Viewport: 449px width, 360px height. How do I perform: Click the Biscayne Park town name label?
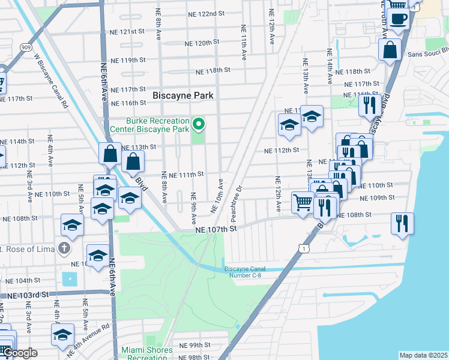tap(183, 95)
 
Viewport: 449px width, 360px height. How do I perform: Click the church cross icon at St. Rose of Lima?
tap(64, 248)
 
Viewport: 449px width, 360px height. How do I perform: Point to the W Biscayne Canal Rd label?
tap(50, 82)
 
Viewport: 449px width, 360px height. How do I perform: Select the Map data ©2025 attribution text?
tap(423, 355)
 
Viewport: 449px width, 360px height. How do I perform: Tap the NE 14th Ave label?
tap(330, 67)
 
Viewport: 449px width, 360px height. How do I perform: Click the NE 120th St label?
tap(202, 44)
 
